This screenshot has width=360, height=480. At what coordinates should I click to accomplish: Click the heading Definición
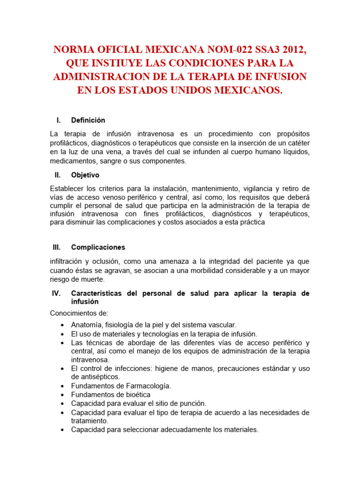tap(88, 120)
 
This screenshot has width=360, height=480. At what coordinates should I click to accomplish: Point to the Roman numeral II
tap(58, 175)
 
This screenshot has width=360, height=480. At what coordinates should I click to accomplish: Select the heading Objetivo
tap(85, 175)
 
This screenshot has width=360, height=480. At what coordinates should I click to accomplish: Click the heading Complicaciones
tap(98, 247)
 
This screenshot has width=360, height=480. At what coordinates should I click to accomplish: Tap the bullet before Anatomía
tap(62, 325)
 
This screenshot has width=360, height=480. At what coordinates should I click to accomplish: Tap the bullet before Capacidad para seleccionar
tap(62, 430)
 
